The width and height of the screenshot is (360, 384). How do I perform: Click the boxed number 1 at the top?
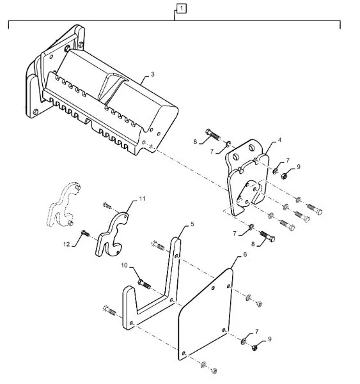[182, 8]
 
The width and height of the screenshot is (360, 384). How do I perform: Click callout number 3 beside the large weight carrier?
[152, 74]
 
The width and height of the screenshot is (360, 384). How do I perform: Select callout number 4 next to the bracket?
[279, 140]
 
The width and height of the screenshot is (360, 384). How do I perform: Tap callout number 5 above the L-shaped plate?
[192, 224]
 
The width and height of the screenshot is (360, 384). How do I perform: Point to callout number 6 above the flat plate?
[245, 255]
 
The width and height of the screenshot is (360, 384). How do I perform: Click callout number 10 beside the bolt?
[124, 265]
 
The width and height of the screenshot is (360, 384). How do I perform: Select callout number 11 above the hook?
[142, 199]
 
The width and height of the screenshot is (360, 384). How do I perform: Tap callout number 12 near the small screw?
[67, 244]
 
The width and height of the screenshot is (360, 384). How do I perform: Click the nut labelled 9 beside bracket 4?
[284, 176]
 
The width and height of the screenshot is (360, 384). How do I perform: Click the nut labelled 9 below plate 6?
[255, 348]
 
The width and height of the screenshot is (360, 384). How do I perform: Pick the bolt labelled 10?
[145, 284]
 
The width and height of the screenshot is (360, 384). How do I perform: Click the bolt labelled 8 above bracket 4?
[213, 134]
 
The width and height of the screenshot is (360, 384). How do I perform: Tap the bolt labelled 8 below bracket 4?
[267, 236]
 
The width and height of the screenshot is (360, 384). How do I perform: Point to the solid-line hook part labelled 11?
[111, 234]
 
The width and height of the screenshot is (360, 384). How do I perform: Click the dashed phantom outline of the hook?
[63, 204]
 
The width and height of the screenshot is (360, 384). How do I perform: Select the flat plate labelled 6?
[205, 314]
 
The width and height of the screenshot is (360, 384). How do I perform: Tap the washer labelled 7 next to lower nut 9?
[244, 341]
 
